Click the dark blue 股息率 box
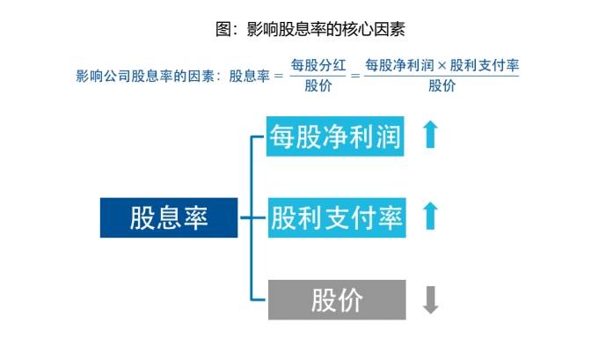[169, 217]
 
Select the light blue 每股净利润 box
[335, 136]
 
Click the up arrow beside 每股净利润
[429, 136]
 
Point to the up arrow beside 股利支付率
[429, 216]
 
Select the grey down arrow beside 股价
[429, 299]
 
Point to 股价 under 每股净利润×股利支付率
[442, 86]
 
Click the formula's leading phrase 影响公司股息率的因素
[147, 76]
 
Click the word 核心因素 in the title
[373, 29]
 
